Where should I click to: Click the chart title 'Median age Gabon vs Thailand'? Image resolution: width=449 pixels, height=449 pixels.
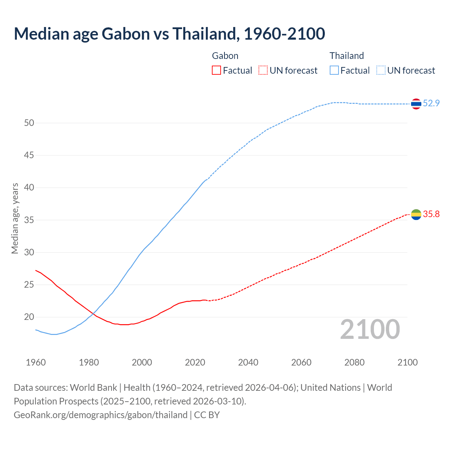(x=169, y=34)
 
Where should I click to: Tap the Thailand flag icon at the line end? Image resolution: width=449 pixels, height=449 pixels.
(x=416, y=104)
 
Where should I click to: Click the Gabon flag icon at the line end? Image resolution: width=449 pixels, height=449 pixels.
(x=416, y=214)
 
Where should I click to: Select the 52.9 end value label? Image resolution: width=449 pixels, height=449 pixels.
(x=431, y=103)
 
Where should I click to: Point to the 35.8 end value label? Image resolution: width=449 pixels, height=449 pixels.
(x=431, y=214)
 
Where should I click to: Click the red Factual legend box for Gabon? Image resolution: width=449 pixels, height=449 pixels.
(x=216, y=71)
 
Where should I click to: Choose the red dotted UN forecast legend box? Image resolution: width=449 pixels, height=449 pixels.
(x=263, y=71)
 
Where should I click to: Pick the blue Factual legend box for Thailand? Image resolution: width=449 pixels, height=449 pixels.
(x=334, y=71)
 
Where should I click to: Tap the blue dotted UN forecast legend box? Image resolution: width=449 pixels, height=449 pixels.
(x=381, y=71)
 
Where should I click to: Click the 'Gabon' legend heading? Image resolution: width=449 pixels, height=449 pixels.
(x=225, y=56)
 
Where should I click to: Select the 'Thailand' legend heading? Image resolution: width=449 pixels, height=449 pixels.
(x=347, y=56)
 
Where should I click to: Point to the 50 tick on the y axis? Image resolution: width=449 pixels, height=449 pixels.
(x=29, y=123)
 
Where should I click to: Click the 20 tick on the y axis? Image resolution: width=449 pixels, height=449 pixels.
(x=29, y=317)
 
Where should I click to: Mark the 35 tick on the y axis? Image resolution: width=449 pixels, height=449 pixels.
(x=29, y=220)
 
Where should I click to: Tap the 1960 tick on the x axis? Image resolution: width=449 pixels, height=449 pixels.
(x=36, y=362)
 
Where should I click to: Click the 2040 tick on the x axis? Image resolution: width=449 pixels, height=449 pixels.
(x=248, y=362)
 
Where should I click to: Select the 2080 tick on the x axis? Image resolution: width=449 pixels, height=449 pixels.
(x=354, y=362)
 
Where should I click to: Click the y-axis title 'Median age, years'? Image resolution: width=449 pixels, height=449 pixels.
(x=15, y=218)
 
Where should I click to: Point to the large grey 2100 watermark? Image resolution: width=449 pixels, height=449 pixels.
(x=370, y=329)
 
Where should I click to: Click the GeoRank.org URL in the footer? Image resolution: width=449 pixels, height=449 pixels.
(x=100, y=415)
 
